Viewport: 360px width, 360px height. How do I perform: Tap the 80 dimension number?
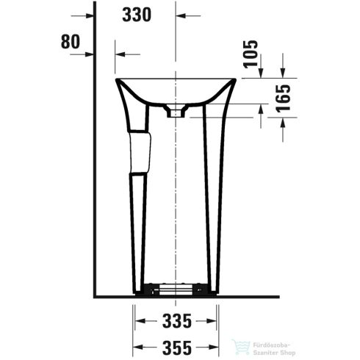pos(70,41)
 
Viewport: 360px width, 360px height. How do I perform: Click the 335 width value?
pos(175,321)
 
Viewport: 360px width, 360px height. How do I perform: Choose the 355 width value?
pos(175,344)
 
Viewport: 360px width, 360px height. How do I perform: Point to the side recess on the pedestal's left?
pos(140,151)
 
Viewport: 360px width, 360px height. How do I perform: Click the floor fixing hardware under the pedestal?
pos(176,290)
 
